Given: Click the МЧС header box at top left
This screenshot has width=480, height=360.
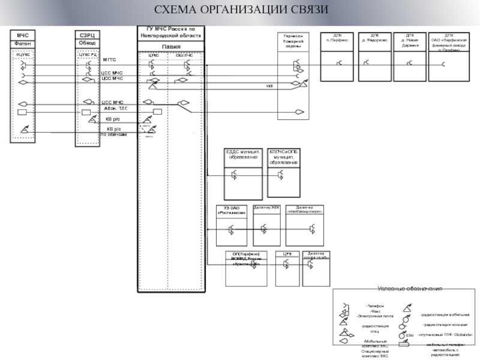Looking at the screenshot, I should [x=23, y=36].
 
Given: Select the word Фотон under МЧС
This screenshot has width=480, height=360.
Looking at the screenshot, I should [x=23, y=44].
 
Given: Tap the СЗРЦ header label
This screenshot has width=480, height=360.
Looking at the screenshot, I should [x=87, y=36].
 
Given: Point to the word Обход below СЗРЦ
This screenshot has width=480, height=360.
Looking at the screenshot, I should [x=87, y=43].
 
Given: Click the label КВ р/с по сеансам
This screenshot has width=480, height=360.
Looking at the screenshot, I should [x=114, y=131].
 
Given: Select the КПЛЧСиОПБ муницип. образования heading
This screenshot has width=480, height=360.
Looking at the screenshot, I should [x=284, y=157].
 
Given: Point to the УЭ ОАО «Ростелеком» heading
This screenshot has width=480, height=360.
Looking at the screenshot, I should [x=232, y=210].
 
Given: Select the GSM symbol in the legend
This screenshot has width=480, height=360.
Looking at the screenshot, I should [x=409, y=335].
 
